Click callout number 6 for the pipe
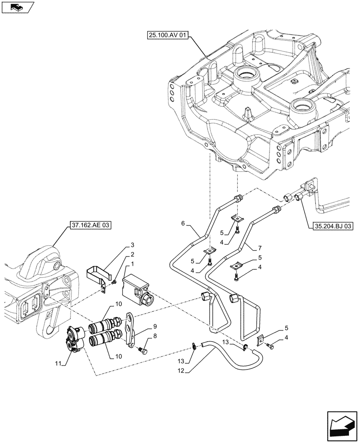coord(183,224)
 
